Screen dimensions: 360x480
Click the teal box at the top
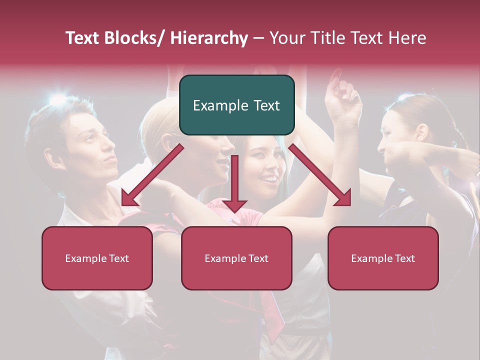tap(236, 105)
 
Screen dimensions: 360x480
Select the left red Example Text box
tap(97, 258)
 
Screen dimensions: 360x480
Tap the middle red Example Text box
tap(236, 258)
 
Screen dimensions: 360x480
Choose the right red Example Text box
tap(383, 258)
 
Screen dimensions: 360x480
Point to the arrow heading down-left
tap(152, 175)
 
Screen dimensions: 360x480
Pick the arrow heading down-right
tap(320, 175)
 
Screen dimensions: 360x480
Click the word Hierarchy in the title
tap(209, 38)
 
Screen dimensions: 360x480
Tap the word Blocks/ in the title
tap(135, 38)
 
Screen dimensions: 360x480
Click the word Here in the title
tap(407, 38)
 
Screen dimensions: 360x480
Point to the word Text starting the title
tap(82, 38)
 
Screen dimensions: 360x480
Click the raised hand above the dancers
tap(342, 97)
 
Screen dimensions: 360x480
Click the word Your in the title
tap(285, 38)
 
